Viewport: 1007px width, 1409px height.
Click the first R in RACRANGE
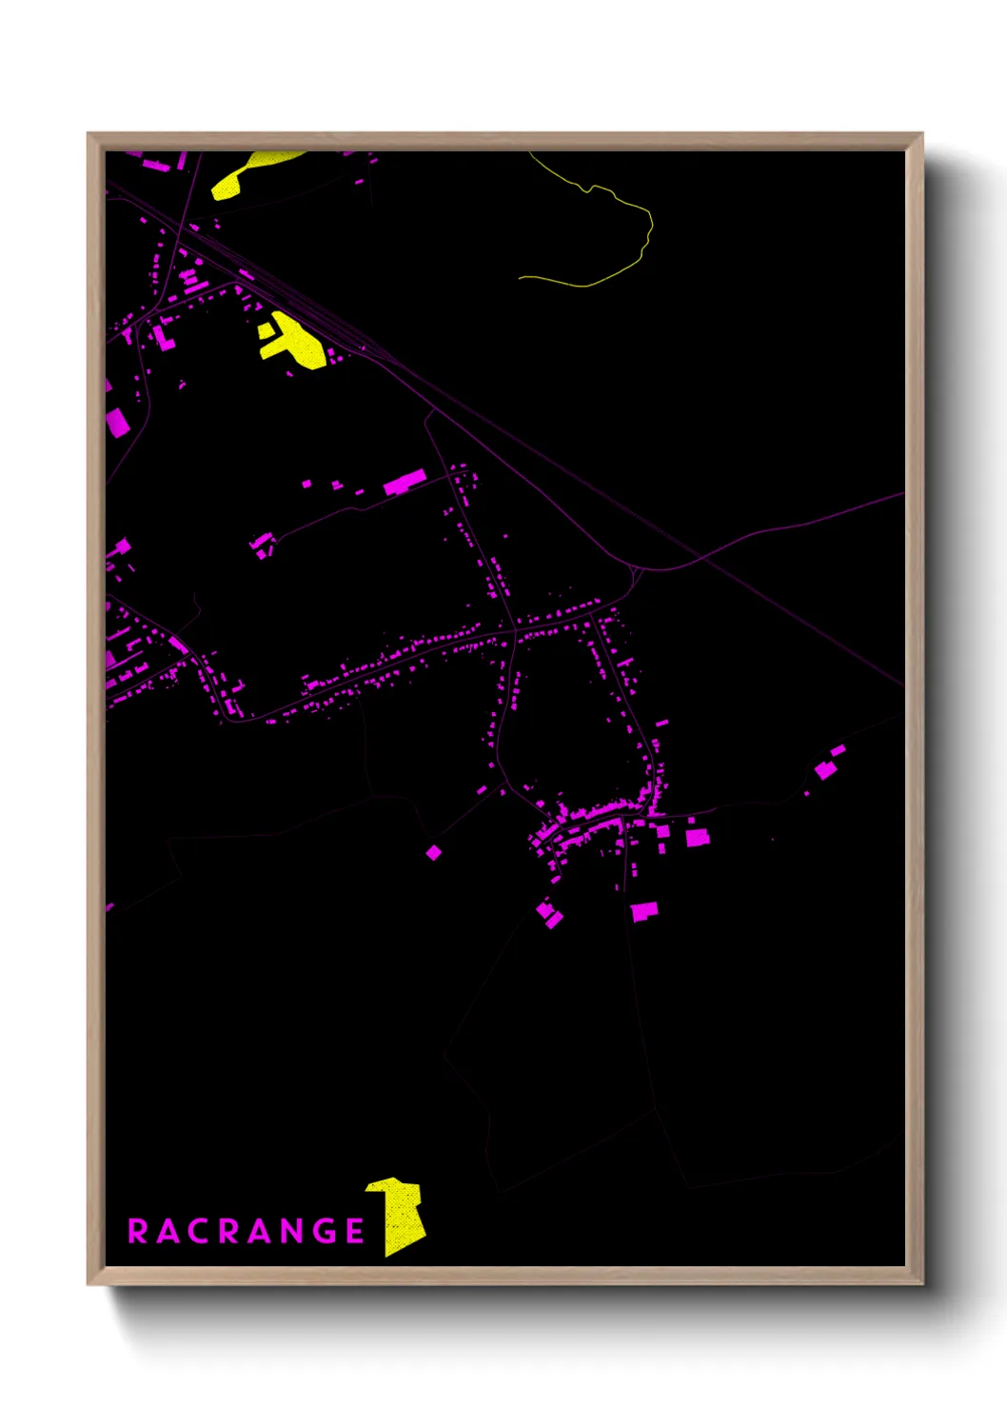(138, 1231)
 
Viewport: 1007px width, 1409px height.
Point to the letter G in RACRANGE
(322, 1231)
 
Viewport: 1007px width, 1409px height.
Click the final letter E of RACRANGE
(355, 1231)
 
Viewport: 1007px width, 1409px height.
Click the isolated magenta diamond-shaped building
(433, 852)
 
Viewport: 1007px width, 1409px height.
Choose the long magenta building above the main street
(405, 483)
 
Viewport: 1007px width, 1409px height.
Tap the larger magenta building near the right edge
(824, 769)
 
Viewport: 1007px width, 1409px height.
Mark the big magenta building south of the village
(644, 911)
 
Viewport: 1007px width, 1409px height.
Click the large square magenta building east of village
(698, 837)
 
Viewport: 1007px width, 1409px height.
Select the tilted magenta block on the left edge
(116, 421)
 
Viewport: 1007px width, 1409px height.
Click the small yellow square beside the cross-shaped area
(266, 329)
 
